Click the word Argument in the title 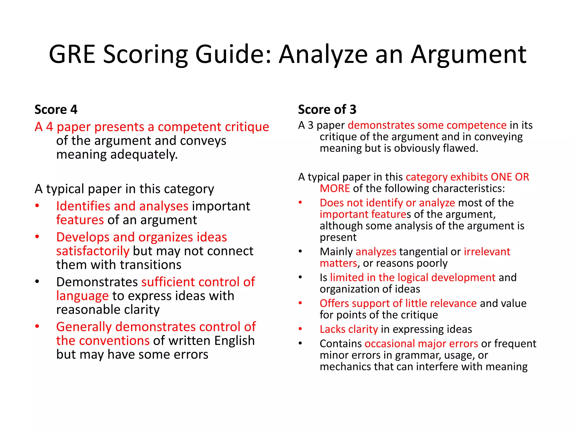click(x=469, y=55)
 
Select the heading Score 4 click(x=56, y=109)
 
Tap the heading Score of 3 click(x=327, y=109)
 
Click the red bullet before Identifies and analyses click(x=37, y=206)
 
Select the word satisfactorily click(x=93, y=251)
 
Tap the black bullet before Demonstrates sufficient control click(x=37, y=281)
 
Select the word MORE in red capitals click(x=335, y=188)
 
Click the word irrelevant click(x=487, y=252)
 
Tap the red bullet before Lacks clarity click(x=300, y=329)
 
